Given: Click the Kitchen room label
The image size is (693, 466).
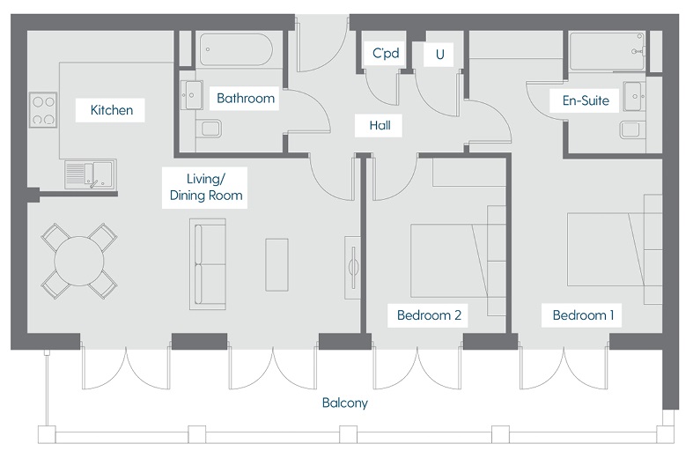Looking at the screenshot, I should click(x=112, y=111).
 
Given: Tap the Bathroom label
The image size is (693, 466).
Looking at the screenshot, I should click(x=246, y=98).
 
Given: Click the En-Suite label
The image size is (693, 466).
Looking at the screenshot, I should click(x=586, y=100).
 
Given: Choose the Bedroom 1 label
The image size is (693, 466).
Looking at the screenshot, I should click(x=582, y=314).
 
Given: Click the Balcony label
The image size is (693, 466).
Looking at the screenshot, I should click(x=343, y=404).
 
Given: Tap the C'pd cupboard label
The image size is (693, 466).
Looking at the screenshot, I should click(x=386, y=55).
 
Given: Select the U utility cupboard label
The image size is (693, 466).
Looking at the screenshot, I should click(x=438, y=55).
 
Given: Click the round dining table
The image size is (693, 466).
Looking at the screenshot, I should click(x=80, y=260).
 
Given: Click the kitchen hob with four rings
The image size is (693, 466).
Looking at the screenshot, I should click(x=43, y=110).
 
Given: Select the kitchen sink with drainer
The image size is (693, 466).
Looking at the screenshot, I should click(x=88, y=174).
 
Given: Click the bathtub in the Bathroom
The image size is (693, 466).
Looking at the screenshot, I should click(x=233, y=49).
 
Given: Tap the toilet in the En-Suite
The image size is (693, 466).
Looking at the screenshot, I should click(x=631, y=130).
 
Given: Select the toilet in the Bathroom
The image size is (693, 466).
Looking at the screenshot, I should click(x=209, y=129).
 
